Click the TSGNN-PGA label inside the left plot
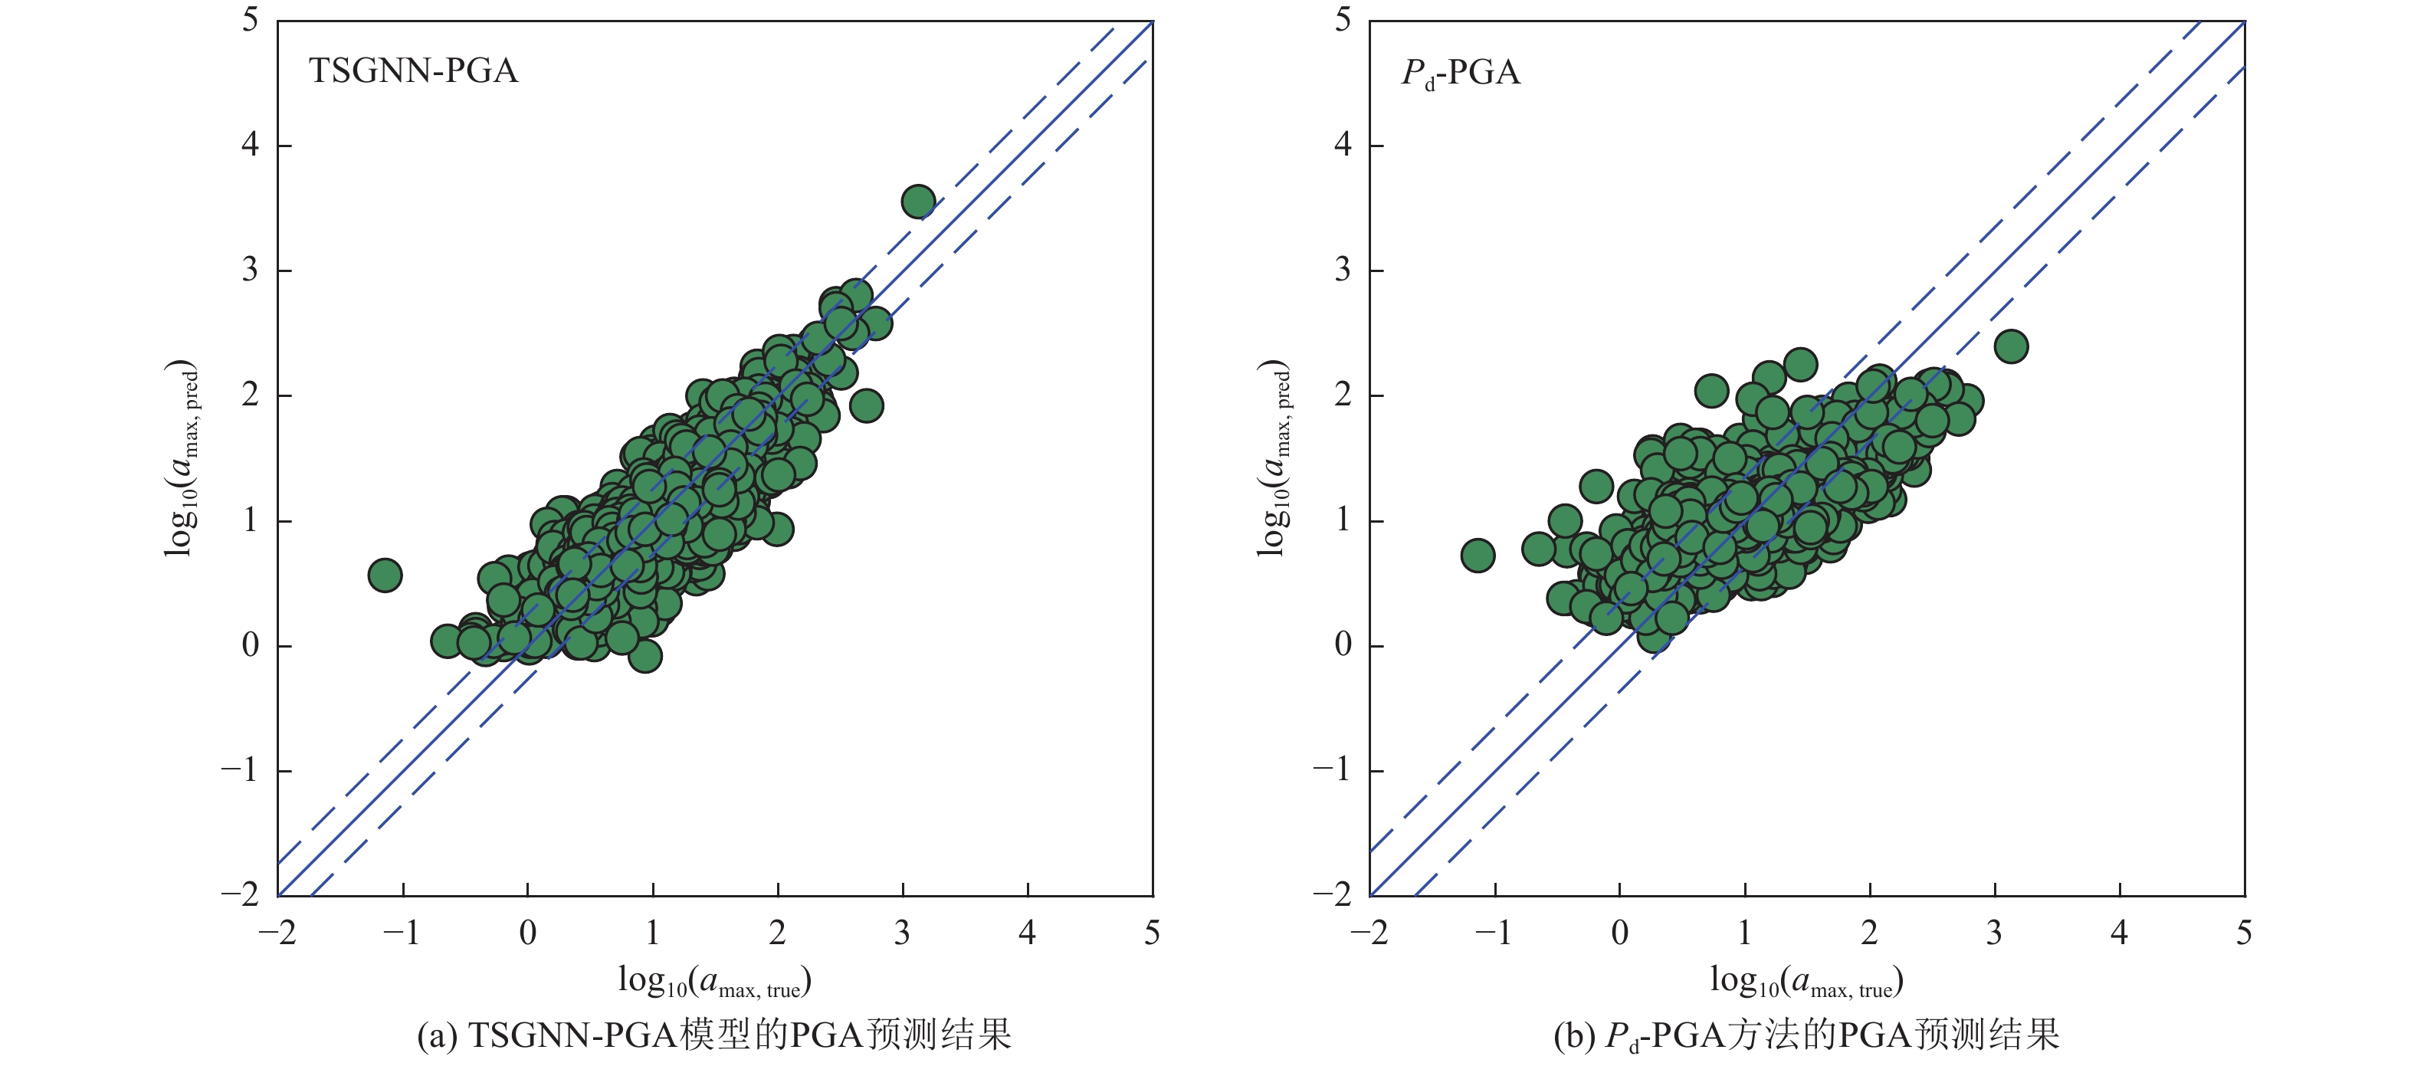coord(413,71)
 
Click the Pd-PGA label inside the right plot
coord(1460,73)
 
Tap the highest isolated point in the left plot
coord(918,202)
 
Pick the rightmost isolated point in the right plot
coord(2011,346)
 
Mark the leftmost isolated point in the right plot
coord(1478,556)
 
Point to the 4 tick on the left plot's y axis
coord(250,145)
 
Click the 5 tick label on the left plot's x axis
coord(1152,933)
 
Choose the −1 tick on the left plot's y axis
coord(239,770)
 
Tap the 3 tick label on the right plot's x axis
coord(1994,933)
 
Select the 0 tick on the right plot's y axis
coord(1343,645)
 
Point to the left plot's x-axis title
coord(714,981)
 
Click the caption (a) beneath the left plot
coord(714,1035)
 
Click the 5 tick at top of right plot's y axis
coord(1343,20)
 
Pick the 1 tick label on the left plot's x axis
coord(652,933)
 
